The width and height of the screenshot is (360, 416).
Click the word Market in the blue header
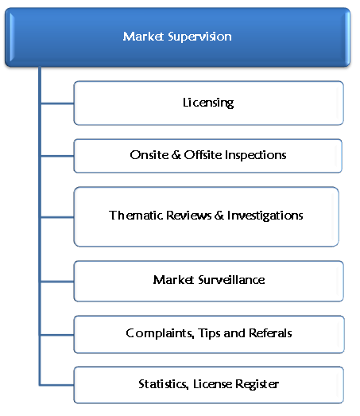click(143, 37)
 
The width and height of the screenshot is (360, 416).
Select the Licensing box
click(209, 103)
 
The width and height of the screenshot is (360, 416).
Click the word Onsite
click(149, 155)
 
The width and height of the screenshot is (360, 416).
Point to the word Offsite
click(203, 155)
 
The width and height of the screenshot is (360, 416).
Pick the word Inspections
click(256, 155)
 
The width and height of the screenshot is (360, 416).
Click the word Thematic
click(136, 216)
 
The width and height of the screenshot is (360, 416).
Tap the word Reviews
click(189, 216)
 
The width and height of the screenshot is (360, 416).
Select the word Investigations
click(265, 216)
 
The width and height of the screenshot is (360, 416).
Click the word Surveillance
click(231, 280)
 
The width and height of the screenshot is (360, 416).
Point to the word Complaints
click(160, 333)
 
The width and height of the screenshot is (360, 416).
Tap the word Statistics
click(164, 384)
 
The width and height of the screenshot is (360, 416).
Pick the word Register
click(257, 385)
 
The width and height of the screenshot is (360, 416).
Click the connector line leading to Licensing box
click(57, 103)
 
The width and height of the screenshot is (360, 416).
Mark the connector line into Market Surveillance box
click(57, 282)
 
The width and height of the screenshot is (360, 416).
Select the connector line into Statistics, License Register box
click(57, 385)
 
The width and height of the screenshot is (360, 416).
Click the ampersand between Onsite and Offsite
click(176, 155)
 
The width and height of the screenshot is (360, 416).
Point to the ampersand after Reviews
click(219, 216)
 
